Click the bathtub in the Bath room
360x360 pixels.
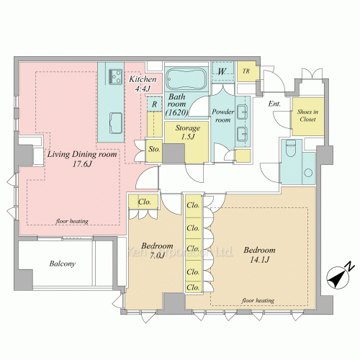pyautogui.click(x=186, y=78)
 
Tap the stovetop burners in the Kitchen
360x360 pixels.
pyautogui.click(x=115, y=76)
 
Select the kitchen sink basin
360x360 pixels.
pyautogui.click(x=116, y=123)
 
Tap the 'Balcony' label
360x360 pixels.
pyautogui.click(x=63, y=264)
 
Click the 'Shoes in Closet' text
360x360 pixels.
pyautogui.click(x=307, y=115)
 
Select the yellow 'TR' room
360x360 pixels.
pyautogui.click(x=246, y=71)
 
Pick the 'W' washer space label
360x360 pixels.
pyautogui.click(x=222, y=71)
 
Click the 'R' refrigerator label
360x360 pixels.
pyautogui.click(x=154, y=104)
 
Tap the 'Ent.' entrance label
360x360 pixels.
pyautogui.click(x=274, y=104)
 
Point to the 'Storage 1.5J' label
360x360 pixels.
pyautogui.click(x=187, y=132)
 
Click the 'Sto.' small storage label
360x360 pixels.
pyautogui.click(x=154, y=149)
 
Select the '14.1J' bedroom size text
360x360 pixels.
pyautogui.click(x=260, y=260)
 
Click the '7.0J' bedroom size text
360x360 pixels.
pyautogui.click(x=157, y=256)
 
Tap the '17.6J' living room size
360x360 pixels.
pyautogui.click(x=82, y=164)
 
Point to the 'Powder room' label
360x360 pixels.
pyautogui.click(x=223, y=116)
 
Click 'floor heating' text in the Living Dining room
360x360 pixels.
pyautogui.click(x=72, y=221)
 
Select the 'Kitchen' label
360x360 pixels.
pyautogui.click(x=143, y=79)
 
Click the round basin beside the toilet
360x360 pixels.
pyautogui.click(x=308, y=173)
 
